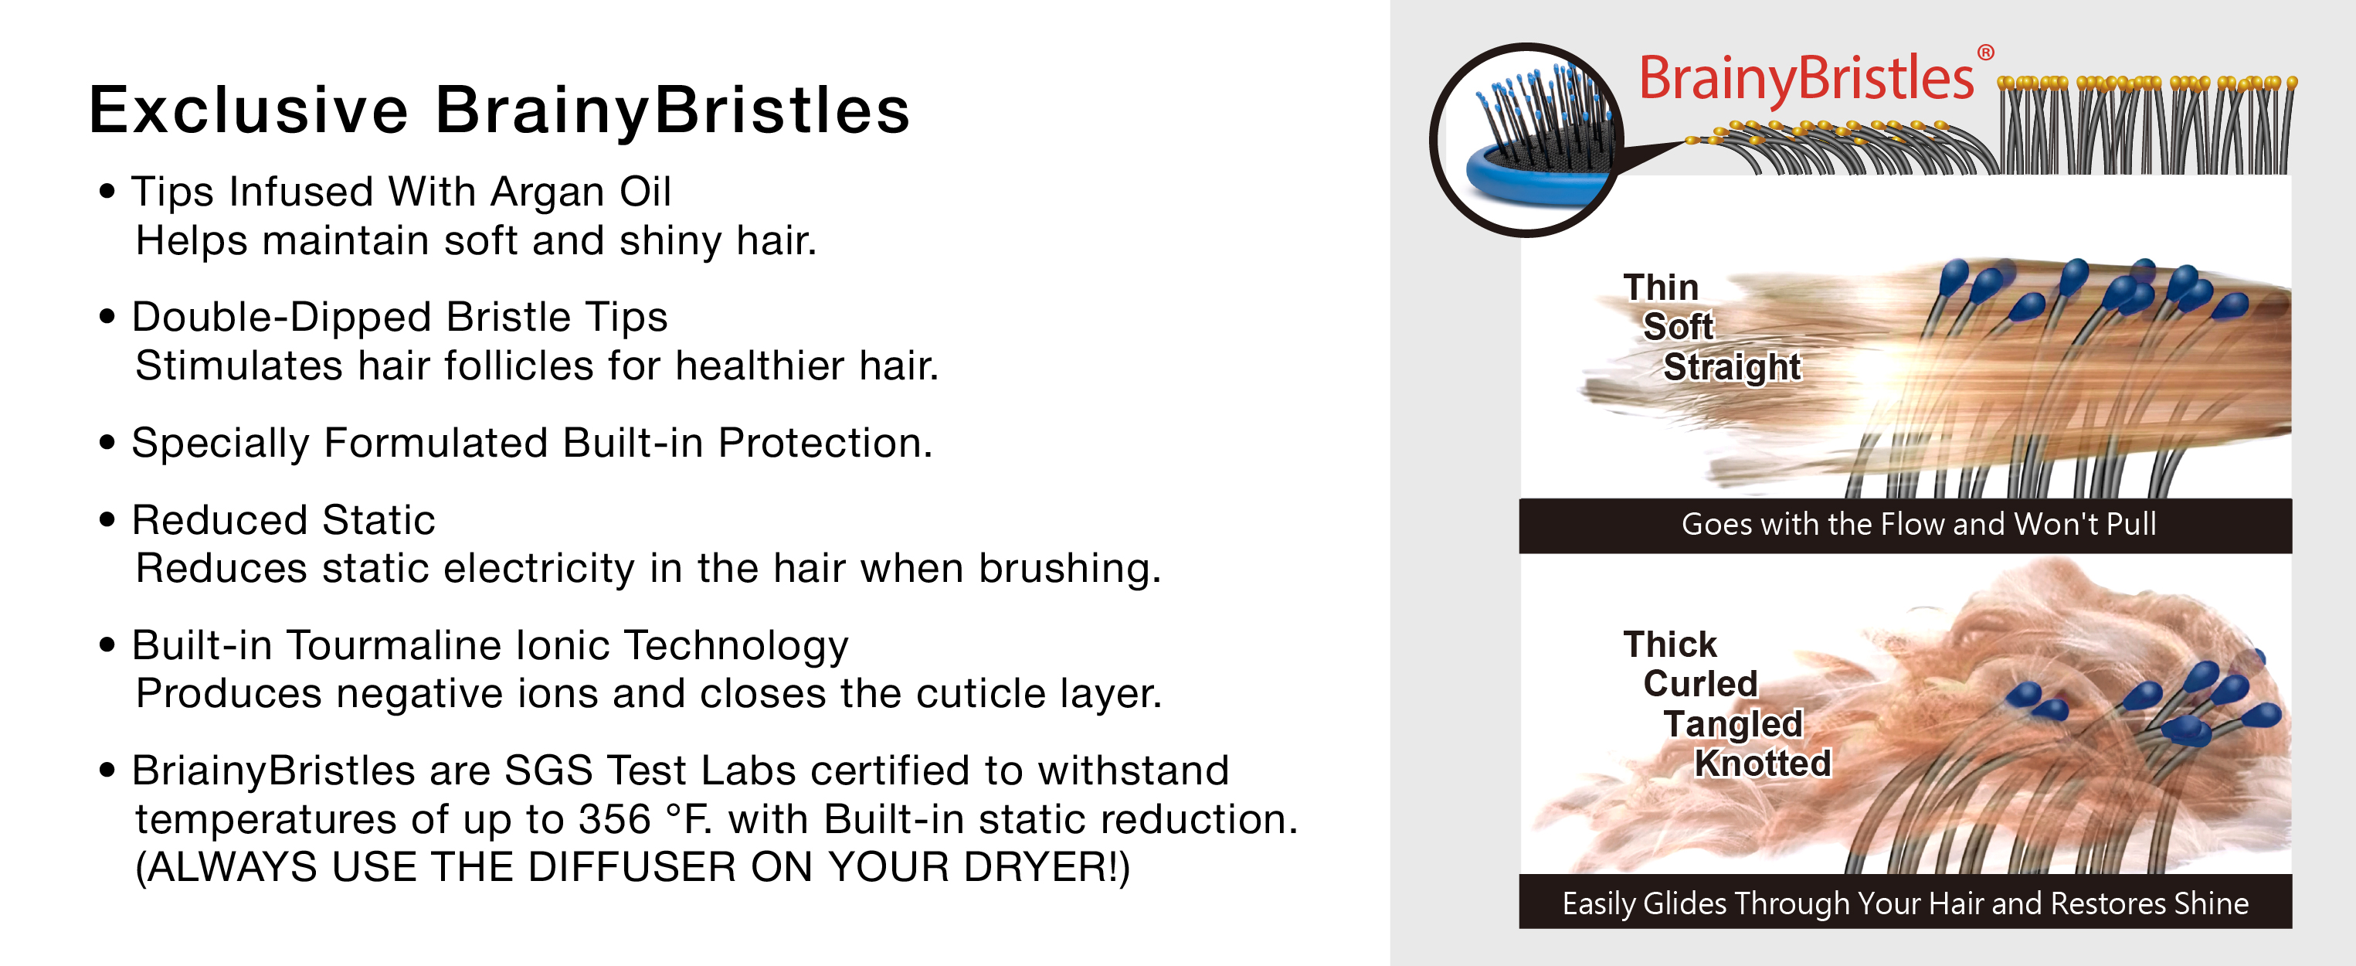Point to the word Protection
coord(825,443)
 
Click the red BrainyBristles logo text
coord(1806,80)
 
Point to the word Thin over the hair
coord(1661,287)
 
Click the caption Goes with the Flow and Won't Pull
coord(1919,524)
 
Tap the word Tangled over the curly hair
coord(1733,723)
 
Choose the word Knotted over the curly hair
coord(1763,763)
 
